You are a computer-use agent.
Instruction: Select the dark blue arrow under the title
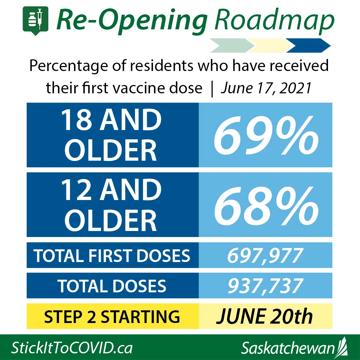(x=308, y=45)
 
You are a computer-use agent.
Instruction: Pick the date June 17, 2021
(x=266, y=88)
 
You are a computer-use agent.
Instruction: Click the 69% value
(x=266, y=135)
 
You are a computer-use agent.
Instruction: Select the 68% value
(x=266, y=205)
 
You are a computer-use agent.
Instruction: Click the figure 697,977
(x=265, y=256)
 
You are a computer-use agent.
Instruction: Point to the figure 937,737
(x=265, y=286)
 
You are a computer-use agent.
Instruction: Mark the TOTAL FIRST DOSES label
(x=112, y=256)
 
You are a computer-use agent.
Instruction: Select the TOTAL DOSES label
(x=112, y=286)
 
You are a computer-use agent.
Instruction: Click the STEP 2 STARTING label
(x=112, y=317)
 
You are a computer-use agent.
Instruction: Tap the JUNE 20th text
(x=264, y=316)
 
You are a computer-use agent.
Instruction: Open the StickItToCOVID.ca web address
(x=72, y=348)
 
